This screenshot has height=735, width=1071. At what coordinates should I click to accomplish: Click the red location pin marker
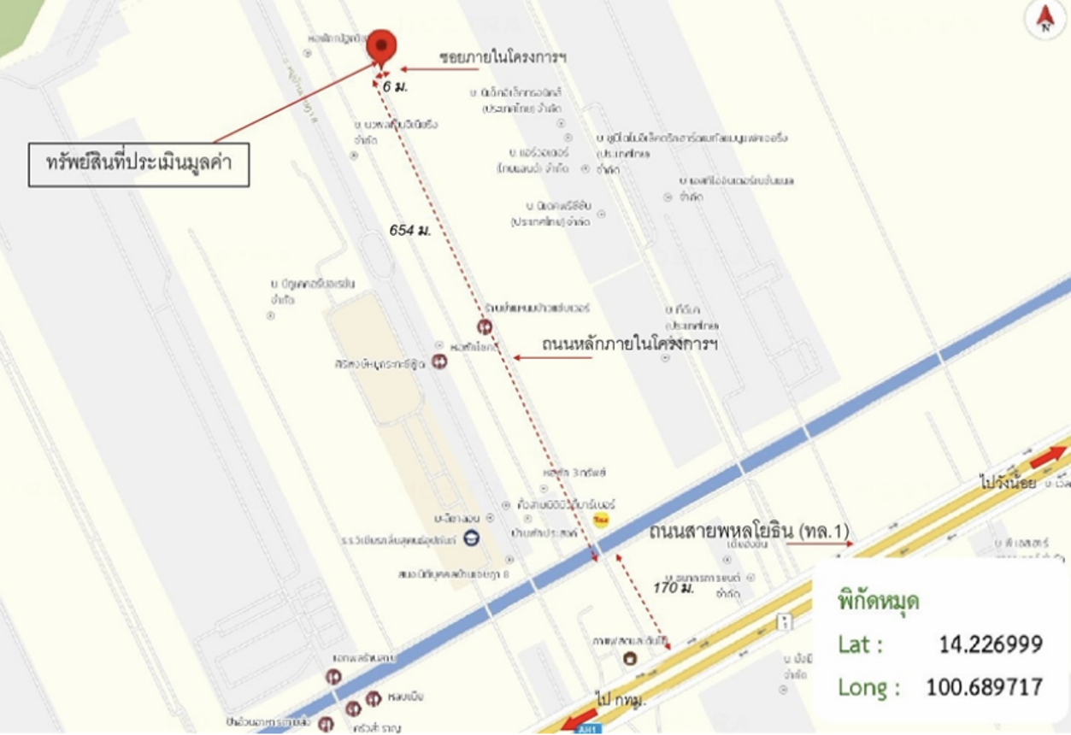tap(381, 46)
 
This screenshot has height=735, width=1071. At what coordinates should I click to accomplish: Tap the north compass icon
tap(1045, 20)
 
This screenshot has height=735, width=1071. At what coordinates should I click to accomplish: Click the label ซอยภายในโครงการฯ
tap(503, 57)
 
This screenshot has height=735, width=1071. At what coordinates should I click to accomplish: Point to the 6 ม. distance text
tap(395, 86)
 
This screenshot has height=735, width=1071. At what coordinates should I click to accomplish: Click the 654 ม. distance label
tap(410, 230)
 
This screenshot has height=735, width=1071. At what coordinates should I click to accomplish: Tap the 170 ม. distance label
tap(673, 588)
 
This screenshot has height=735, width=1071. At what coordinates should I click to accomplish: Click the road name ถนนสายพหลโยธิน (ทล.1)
tap(749, 532)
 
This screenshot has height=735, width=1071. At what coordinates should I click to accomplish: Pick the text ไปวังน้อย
tap(1008, 484)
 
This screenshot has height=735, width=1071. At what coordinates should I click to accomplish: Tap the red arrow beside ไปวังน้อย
tap(1048, 459)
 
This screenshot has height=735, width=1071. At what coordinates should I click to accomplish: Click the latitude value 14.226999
tap(991, 644)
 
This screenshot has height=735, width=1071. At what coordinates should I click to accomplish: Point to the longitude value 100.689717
tap(984, 686)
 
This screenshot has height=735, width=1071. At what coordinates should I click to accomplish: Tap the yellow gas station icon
tap(602, 520)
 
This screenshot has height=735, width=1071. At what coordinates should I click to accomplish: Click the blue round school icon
tap(470, 538)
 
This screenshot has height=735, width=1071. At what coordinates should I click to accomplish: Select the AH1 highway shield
tap(584, 729)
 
